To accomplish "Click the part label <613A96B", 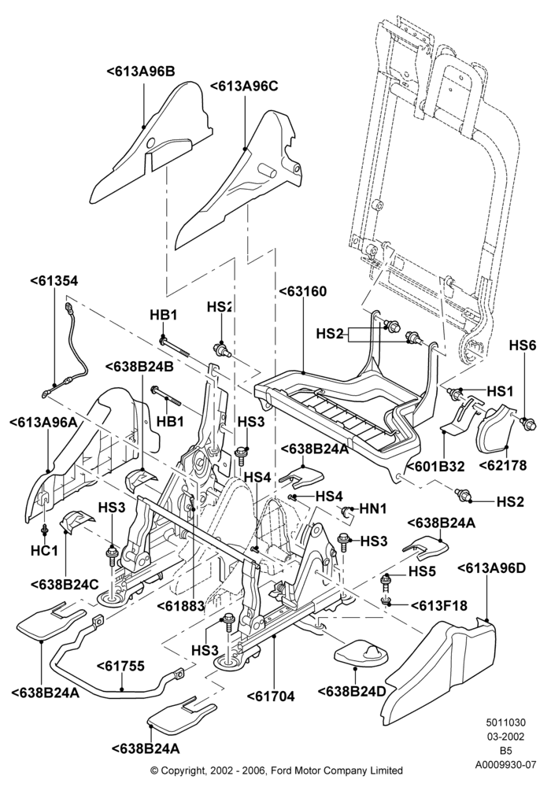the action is click(x=141, y=72).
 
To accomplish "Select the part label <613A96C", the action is click(x=243, y=86).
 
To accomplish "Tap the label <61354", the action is click(x=54, y=281).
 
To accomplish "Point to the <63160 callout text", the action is click(x=302, y=291).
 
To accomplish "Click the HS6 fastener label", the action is click(x=523, y=345).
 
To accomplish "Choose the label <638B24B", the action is click(x=140, y=366).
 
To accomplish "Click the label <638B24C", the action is click(x=65, y=585).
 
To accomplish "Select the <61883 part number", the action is click(x=181, y=606).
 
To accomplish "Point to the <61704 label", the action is click(x=271, y=696).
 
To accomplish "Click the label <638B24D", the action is click(x=352, y=691).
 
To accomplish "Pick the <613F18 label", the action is click(x=439, y=606).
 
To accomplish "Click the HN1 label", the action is click(x=373, y=509).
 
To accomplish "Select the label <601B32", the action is click(x=435, y=466).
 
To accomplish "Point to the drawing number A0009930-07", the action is click(x=506, y=765).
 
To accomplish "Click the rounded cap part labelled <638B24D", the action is click(x=361, y=653).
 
